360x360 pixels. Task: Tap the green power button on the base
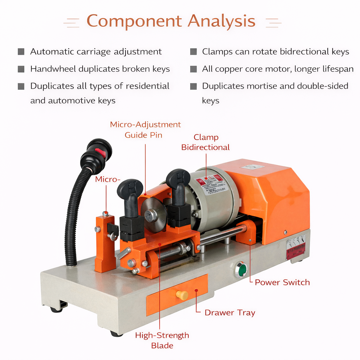(x=242, y=270)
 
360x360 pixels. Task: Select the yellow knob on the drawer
(x=182, y=295)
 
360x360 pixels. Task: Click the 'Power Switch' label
(x=282, y=282)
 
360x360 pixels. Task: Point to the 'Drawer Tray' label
(x=230, y=313)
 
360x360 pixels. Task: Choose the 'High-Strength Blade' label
(x=162, y=340)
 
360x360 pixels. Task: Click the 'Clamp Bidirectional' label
(x=206, y=142)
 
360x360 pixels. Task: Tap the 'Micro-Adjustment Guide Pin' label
(x=145, y=129)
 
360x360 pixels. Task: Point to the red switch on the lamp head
(x=101, y=153)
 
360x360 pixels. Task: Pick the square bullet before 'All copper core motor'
(x=193, y=69)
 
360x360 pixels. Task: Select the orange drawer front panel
(x=177, y=295)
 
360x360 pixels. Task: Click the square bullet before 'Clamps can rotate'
(x=193, y=52)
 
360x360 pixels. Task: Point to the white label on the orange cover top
(x=253, y=167)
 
